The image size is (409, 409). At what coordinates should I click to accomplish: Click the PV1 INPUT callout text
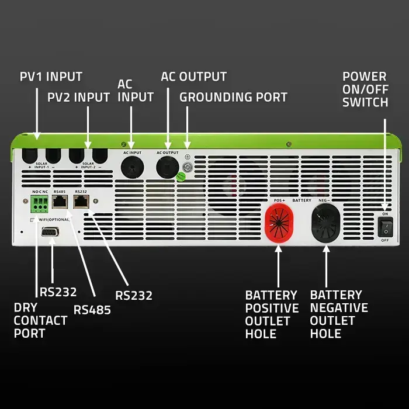[51, 77]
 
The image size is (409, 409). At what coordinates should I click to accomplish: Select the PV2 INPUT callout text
[78, 97]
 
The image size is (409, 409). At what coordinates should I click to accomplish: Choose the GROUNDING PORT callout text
[233, 97]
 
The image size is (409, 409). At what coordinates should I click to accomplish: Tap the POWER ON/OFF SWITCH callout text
[365, 89]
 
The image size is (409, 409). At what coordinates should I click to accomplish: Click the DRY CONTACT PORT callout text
[40, 320]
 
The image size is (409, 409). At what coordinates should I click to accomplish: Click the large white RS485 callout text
[92, 310]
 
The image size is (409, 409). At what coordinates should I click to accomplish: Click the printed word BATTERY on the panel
[301, 200]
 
